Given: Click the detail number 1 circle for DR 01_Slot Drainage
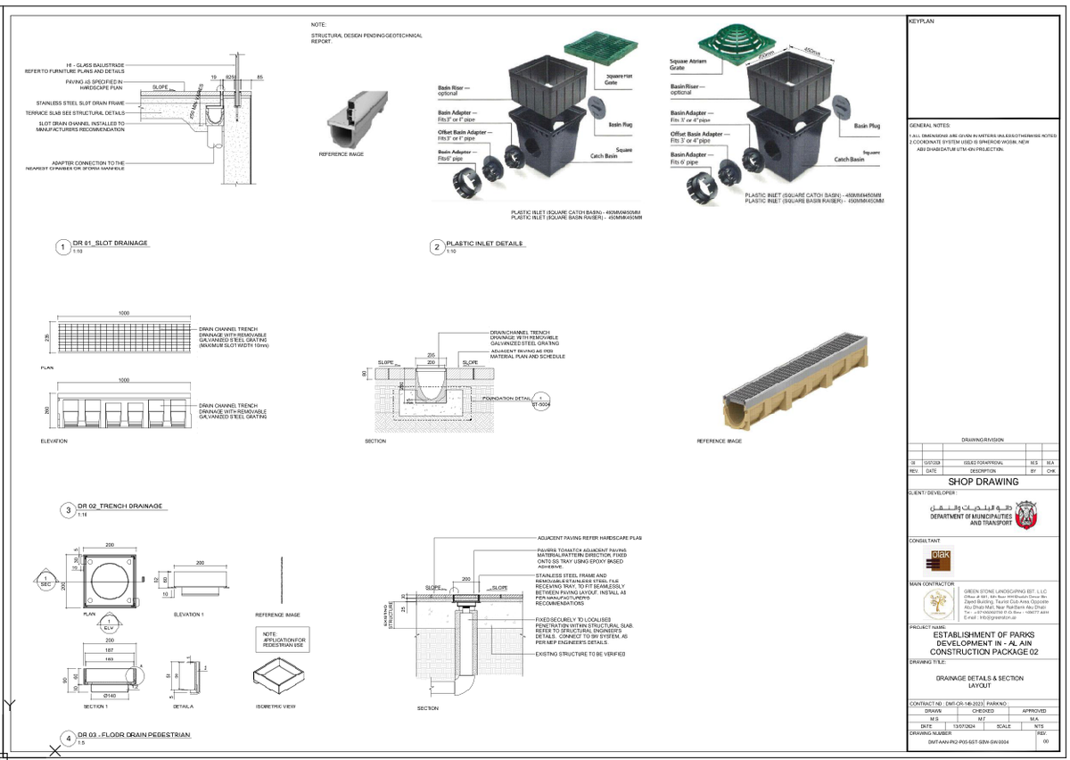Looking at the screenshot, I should pyautogui.click(x=62, y=247).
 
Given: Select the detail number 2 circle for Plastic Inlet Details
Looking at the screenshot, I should pyautogui.click(x=436, y=247).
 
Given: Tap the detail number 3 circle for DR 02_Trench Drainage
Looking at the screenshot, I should pyautogui.click(x=68, y=510).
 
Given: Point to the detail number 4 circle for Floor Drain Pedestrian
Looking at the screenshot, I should pyautogui.click(x=68, y=739).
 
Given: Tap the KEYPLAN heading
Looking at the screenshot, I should pyautogui.click(x=921, y=20).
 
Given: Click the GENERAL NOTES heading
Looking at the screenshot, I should pyautogui.click(x=929, y=126).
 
